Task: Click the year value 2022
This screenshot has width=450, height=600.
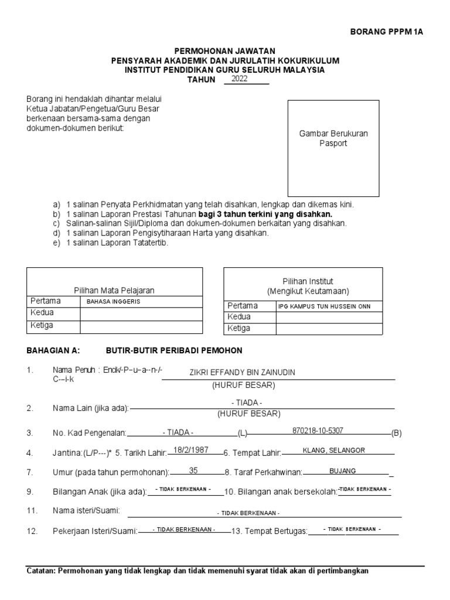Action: click(240, 79)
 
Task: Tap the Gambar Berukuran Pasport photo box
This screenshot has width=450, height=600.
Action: click(333, 148)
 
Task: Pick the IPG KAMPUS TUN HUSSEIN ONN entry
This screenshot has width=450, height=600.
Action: click(324, 306)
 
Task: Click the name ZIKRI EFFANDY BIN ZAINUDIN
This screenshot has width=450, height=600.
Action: click(243, 373)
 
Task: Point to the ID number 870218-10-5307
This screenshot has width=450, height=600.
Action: click(318, 431)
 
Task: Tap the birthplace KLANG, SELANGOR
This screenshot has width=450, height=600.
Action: click(334, 450)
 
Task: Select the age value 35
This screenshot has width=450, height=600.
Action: click(194, 470)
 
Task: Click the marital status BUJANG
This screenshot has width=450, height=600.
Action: click(343, 471)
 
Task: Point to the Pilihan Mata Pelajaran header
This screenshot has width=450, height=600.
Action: click(114, 290)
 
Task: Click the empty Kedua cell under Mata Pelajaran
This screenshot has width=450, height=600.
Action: click(141, 313)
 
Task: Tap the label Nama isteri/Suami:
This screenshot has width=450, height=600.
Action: click(86, 511)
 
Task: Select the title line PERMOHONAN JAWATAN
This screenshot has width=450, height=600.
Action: click(225, 52)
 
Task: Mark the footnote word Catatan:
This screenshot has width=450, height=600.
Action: click(41, 571)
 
